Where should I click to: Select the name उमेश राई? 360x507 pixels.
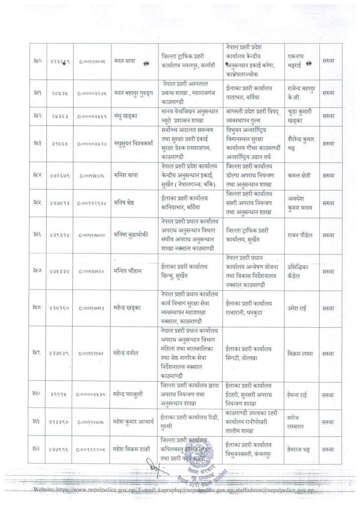(x=297, y=307)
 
